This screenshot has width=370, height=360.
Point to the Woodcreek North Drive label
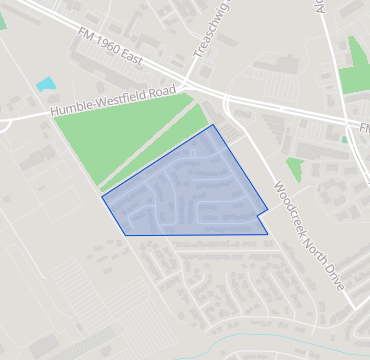pos(309,234)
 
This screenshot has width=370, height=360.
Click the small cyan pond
pos(46,84)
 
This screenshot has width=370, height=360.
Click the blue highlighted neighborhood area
pos(190,185)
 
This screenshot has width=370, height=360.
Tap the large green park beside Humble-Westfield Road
pos(120,140)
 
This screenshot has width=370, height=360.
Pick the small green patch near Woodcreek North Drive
pos(294,167)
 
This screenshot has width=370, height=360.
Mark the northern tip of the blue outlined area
pos(212,125)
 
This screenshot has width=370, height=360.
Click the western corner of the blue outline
pos(102,194)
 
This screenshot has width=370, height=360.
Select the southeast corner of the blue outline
pos(268,234)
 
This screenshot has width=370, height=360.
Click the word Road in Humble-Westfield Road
pos(171,89)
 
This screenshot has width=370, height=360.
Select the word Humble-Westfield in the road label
pos(100,103)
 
